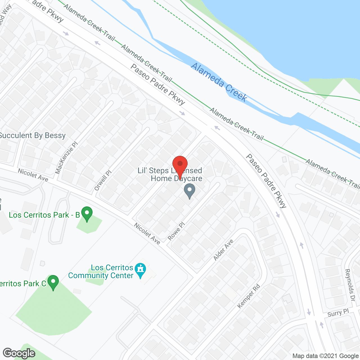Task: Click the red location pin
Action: pyautogui.click(x=180, y=165)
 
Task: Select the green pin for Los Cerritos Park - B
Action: pyautogui.click(x=87, y=213)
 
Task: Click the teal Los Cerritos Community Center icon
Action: pyautogui.click(x=140, y=270)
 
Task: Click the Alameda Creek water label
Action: pyautogui.click(x=219, y=82)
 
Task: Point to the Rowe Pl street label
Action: pyautogui.click(x=176, y=231)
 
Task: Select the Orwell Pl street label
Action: pyautogui.click(x=103, y=180)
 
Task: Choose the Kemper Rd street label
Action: pyautogui.click(x=249, y=296)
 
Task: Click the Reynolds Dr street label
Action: pyautogui.click(x=350, y=285)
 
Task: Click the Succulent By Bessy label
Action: pyautogui.click(x=32, y=136)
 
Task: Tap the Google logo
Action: pyautogui.click(x=19, y=353)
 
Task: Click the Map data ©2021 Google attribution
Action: pyautogui.click(x=325, y=356)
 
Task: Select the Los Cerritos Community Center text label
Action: pyautogui.click(x=101, y=271)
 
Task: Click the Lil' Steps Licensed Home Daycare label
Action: pyautogui.click(x=170, y=174)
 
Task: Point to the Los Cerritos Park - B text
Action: pyautogui.click(x=44, y=215)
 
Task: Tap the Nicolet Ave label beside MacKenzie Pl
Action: pyautogui.click(x=33, y=175)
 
